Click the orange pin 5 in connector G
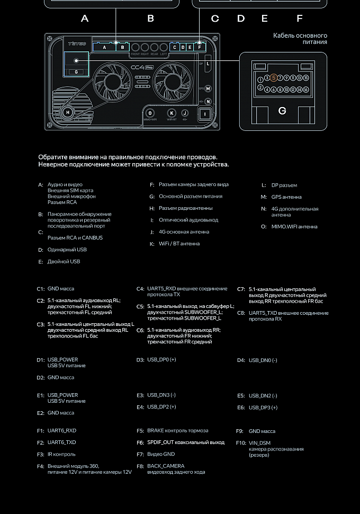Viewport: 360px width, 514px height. (274, 78)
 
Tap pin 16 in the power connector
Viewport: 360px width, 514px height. (306, 90)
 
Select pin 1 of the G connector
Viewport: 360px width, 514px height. (260, 80)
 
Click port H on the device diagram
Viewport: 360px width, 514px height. (68, 112)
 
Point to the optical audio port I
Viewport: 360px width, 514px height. (205, 113)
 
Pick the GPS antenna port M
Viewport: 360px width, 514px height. (208, 89)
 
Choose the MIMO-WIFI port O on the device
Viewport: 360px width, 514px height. (150, 113)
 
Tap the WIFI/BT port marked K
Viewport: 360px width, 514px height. (171, 113)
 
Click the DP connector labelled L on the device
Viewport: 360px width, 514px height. (208, 64)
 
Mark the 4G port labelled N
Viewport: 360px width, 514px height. (208, 101)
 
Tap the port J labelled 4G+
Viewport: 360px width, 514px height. (185, 113)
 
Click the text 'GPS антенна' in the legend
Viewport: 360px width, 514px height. (286, 197)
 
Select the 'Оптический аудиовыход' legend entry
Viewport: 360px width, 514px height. (188, 220)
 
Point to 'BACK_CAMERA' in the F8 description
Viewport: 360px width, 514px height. (166, 466)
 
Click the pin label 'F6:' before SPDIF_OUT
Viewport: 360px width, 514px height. (140, 442)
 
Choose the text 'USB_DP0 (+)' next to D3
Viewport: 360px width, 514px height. (161, 360)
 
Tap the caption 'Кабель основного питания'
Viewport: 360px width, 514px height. (300, 39)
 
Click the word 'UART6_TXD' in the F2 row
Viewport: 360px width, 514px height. (61, 442)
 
